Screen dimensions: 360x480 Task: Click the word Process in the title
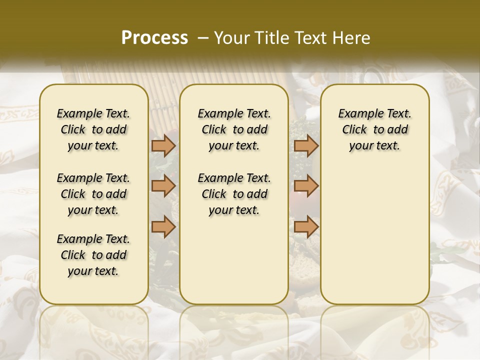click(154, 37)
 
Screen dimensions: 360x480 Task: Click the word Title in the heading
click(271, 38)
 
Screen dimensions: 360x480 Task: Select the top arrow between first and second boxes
click(163, 146)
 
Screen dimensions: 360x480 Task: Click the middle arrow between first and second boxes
click(163, 186)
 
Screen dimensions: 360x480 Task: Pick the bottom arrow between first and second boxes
click(163, 226)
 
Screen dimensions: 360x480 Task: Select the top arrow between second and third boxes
click(306, 146)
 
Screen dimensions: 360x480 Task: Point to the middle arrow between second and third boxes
click(306, 186)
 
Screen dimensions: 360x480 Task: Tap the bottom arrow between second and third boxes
click(306, 226)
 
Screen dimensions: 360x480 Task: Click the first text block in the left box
click(93, 129)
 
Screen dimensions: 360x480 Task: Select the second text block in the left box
click(93, 194)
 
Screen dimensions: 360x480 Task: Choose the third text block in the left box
click(93, 255)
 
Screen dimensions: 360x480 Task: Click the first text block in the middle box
click(234, 129)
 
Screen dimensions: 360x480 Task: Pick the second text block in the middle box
click(234, 194)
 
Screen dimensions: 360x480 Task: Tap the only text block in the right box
click(375, 129)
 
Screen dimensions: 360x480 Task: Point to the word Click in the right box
click(354, 130)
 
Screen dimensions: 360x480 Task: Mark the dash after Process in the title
click(203, 38)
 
